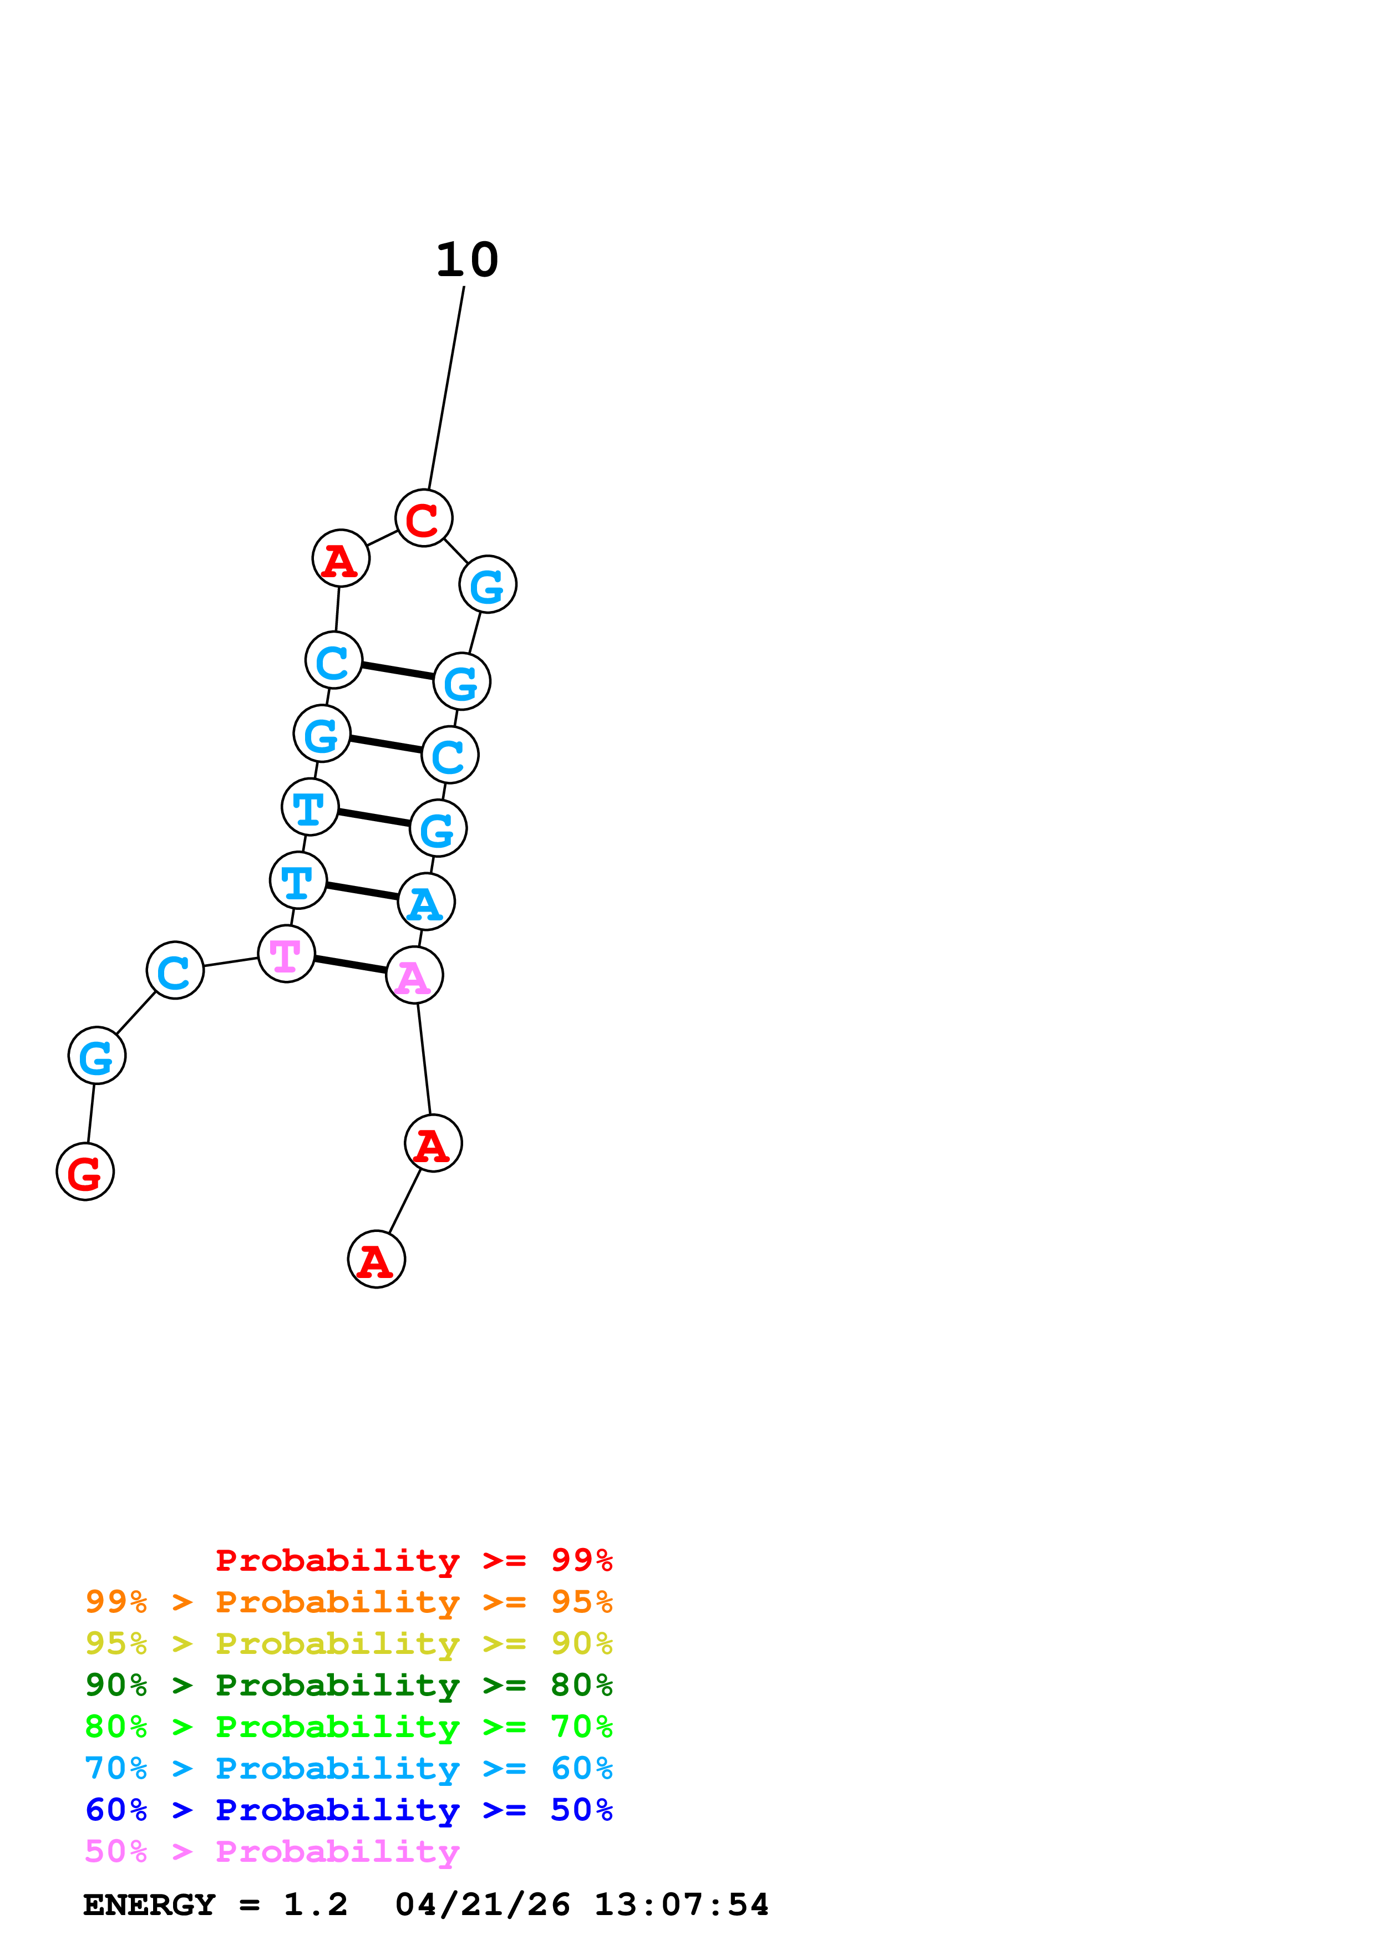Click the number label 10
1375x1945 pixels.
pyautogui.click(x=467, y=260)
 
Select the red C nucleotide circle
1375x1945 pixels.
pyautogui.click(x=424, y=518)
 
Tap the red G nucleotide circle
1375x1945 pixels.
pyautogui.click(x=85, y=1172)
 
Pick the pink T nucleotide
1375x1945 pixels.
pyautogui.click(x=286, y=954)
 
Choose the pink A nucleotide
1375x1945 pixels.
pyautogui.click(x=414, y=975)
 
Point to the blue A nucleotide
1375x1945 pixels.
pyautogui.click(x=426, y=902)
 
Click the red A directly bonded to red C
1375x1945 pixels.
pyautogui.click(x=341, y=558)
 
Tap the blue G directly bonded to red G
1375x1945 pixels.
pyautogui.click(x=97, y=1056)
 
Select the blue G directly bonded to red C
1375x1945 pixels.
pyautogui.click(x=488, y=584)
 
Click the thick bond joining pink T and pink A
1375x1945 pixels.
pyautogui.click(x=350, y=965)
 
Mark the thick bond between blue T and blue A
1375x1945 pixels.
pyautogui.click(x=362, y=891)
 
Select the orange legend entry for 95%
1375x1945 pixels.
pyautogui.click(x=348, y=1602)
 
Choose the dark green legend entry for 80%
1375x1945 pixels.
pyautogui.click(x=348, y=1685)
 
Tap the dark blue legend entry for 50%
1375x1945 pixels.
pyautogui.click(x=348, y=1810)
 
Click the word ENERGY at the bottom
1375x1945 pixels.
pyautogui.click(x=149, y=1905)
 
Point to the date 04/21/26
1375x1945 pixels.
pyautogui.click(x=482, y=1905)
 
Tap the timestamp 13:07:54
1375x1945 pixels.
pyautogui.click(x=681, y=1905)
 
